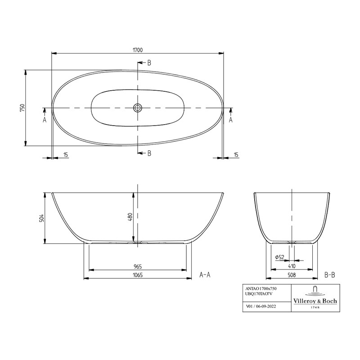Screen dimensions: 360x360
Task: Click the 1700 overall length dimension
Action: (x=137, y=50)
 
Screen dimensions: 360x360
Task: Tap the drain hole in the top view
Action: (x=138, y=108)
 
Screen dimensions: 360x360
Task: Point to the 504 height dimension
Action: (x=41, y=218)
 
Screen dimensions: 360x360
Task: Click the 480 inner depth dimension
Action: (x=130, y=218)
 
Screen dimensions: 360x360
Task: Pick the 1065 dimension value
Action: (x=137, y=275)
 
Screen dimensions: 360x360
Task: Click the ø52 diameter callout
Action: (x=279, y=257)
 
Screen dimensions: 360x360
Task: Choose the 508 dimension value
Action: (x=292, y=275)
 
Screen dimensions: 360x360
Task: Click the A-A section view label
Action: (x=205, y=274)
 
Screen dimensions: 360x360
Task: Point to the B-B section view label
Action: (x=329, y=274)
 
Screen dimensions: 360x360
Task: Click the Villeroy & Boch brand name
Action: (x=315, y=301)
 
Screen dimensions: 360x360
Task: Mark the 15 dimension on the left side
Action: (x=66, y=155)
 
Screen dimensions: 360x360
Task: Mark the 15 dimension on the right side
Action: (x=236, y=155)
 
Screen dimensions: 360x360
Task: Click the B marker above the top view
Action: (x=149, y=63)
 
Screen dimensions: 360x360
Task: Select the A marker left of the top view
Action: (x=45, y=120)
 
